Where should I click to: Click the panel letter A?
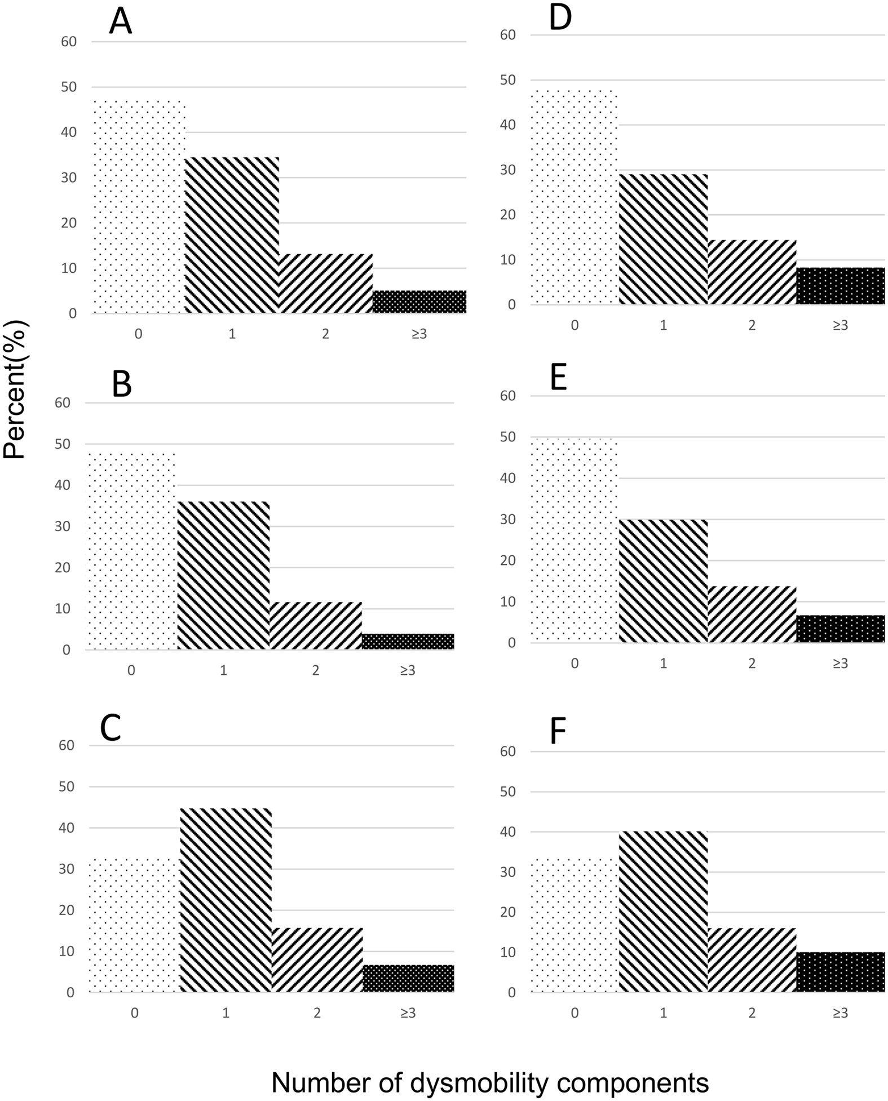120,23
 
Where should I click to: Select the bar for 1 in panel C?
226,900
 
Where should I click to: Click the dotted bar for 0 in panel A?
139,207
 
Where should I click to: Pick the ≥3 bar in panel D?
840,286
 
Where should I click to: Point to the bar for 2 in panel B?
315,626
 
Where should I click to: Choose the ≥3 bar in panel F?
840,972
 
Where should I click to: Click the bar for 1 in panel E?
663,581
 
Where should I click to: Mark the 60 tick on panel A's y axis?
69,42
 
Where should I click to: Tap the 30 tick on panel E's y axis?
508,519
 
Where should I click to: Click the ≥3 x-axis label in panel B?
407,670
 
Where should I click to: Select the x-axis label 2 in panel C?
317,1013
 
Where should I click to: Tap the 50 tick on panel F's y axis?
508,792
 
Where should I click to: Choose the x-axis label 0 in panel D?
575,325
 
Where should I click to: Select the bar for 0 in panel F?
575,925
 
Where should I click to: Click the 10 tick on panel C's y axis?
67,951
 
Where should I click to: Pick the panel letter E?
558,378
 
